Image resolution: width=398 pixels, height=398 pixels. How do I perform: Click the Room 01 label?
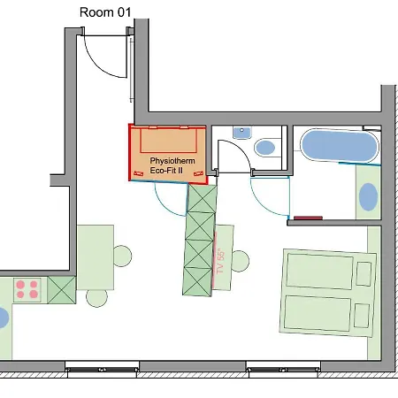(x=105, y=12)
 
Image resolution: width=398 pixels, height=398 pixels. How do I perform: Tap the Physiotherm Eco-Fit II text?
(x=172, y=165)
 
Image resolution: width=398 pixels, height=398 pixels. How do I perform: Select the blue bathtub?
(x=340, y=146)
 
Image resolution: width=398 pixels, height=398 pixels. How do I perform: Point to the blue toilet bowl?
(x=264, y=148)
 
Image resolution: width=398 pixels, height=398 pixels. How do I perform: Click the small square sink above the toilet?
(x=242, y=133)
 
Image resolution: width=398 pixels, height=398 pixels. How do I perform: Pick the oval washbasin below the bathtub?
(x=368, y=197)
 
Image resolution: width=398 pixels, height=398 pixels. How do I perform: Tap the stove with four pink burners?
(x=27, y=290)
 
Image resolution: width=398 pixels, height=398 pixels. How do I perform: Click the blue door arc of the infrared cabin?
(x=165, y=204)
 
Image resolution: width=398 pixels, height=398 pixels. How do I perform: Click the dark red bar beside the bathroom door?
(x=308, y=218)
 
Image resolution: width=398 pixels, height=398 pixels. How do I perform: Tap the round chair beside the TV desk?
(x=240, y=261)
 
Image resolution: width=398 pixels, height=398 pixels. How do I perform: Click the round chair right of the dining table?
(x=122, y=256)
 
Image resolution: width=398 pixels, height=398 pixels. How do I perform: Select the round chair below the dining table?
(x=96, y=298)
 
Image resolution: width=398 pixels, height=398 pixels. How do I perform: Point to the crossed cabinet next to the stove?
(x=62, y=290)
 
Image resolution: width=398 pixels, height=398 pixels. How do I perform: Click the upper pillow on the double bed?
(x=364, y=273)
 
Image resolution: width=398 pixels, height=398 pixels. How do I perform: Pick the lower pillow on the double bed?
(x=362, y=316)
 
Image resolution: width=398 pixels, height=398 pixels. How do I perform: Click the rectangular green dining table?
(x=96, y=257)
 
